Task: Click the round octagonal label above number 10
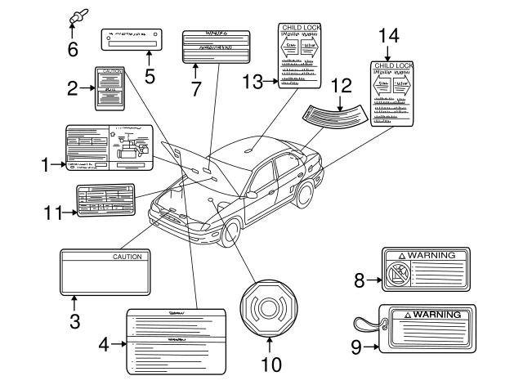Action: (269, 307)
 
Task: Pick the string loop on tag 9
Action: (366, 321)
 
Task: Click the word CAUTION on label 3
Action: (127, 257)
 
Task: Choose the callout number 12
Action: (341, 85)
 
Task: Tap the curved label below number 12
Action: (335, 115)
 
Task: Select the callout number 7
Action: (195, 90)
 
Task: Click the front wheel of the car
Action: (231, 232)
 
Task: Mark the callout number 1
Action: (46, 165)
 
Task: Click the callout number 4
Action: (103, 345)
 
